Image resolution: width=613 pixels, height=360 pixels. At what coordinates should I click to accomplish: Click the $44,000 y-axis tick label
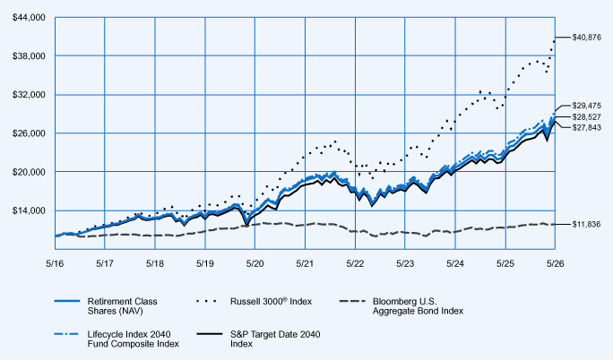[29, 18]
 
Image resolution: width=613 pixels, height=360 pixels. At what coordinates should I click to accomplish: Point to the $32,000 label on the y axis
[29, 95]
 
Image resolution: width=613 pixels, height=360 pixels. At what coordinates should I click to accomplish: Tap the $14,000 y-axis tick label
[29, 210]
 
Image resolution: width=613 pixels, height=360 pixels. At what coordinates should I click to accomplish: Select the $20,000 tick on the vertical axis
[29, 172]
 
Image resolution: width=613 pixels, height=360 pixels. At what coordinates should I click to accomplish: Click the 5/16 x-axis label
[55, 264]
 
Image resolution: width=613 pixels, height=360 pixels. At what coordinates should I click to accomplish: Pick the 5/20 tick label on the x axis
[255, 264]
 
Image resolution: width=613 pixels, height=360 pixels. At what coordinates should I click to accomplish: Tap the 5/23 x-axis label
[405, 264]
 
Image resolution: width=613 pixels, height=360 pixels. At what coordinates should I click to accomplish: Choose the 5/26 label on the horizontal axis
[555, 264]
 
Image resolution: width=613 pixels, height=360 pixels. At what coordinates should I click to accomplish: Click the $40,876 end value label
[586, 38]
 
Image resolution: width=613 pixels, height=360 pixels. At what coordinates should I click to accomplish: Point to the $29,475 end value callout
[586, 106]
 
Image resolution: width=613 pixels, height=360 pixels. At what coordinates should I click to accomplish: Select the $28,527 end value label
[586, 117]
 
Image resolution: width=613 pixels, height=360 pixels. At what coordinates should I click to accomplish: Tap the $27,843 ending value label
[586, 128]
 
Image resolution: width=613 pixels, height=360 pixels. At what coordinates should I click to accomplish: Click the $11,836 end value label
[586, 225]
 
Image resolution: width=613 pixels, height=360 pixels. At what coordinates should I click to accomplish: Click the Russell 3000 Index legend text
[271, 301]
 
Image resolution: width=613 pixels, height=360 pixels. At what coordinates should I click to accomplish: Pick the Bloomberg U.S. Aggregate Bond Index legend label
[418, 306]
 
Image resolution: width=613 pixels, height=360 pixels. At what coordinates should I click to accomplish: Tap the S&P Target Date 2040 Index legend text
[275, 339]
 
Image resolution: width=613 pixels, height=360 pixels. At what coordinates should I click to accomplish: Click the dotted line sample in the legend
[206, 302]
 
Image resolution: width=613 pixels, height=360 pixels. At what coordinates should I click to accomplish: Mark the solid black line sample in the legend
[210, 334]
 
